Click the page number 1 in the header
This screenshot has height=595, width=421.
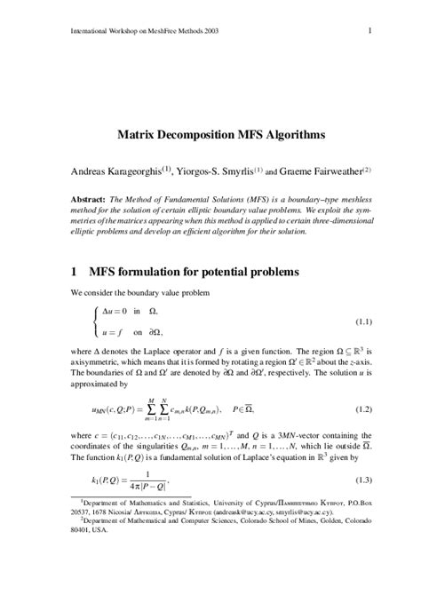pos(368,33)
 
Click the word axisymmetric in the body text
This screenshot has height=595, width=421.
pos(93,364)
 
